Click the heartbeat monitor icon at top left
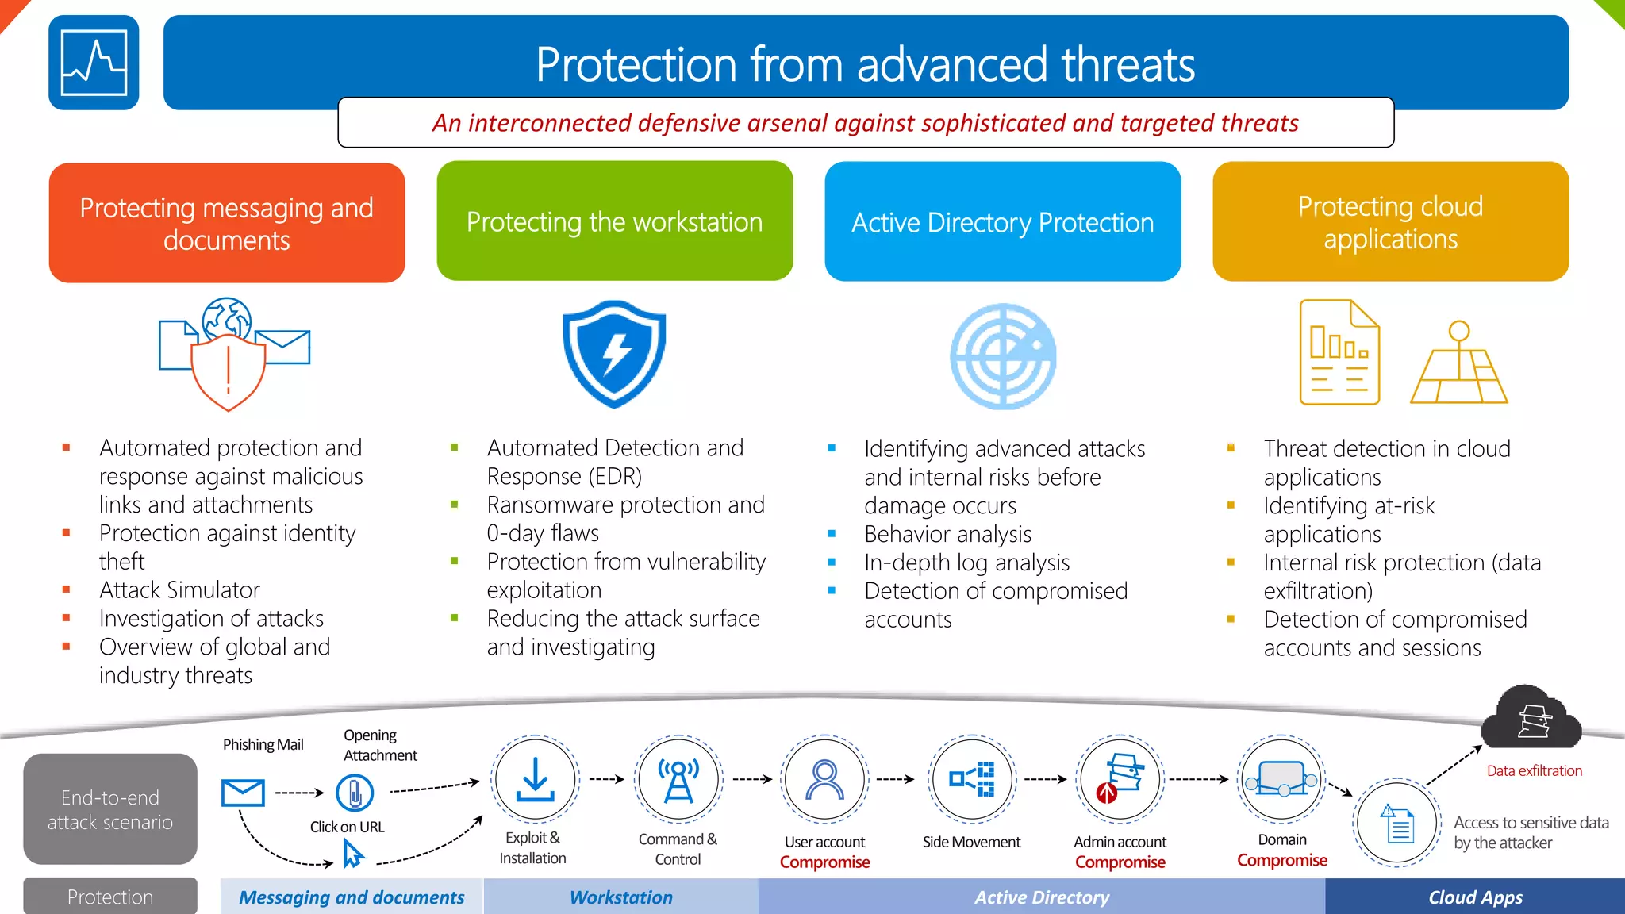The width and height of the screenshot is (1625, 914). coord(94,63)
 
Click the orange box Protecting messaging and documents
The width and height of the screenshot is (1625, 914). coord(227,223)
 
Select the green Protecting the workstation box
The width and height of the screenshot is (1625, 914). coord(614,221)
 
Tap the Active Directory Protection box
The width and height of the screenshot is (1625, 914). coord(1002,222)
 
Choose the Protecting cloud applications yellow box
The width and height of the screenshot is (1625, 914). coord(1390,222)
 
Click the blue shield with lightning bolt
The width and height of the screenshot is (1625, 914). coord(614,354)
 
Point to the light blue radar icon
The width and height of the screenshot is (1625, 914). coord(1003,356)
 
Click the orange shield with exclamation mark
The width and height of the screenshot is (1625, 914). coord(228,371)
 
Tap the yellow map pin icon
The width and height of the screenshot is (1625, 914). coord(1458,363)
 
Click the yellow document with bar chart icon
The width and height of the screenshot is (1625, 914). coord(1339,352)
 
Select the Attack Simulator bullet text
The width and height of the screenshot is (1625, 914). coord(179,589)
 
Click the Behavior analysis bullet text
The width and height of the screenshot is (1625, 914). coord(947,534)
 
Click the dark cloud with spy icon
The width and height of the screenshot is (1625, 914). coord(1531,719)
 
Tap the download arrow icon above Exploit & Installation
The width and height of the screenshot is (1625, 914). coord(535,779)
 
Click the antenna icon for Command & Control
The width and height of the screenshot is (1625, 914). coord(678,779)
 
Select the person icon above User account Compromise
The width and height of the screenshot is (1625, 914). coord(824,779)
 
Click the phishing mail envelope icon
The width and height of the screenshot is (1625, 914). coord(243,792)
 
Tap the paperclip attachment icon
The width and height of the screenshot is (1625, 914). coord(355,792)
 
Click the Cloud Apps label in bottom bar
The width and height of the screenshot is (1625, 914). coord(1475,897)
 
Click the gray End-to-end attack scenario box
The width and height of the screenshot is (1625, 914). coord(110,808)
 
